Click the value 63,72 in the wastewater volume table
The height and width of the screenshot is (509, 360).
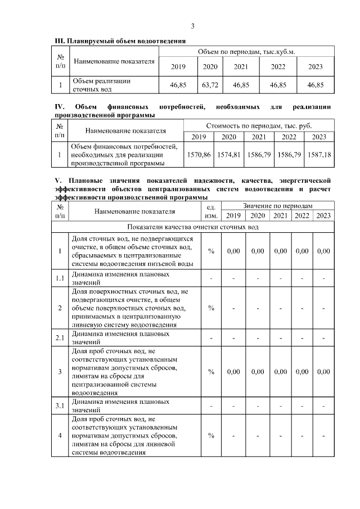tap(210, 85)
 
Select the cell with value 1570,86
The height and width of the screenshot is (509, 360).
tap(199, 154)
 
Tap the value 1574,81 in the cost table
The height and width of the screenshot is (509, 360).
tap(228, 154)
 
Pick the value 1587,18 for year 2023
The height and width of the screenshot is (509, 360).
tap(318, 154)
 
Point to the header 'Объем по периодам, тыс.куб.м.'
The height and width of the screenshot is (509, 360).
tap(246, 52)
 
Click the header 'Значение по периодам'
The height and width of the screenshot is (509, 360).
tap(277, 206)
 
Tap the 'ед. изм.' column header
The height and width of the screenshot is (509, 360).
tap(211, 211)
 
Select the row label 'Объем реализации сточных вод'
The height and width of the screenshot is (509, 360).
tap(101, 85)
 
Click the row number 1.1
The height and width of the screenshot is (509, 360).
tap(60, 278)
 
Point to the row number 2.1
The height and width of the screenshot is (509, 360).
tap(60, 337)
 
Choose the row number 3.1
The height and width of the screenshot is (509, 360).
tap(60, 406)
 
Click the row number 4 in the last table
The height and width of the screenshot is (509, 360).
tap(60, 435)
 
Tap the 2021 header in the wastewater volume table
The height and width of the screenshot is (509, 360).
tap(241, 67)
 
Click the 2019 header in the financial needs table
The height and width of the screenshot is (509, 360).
tap(199, 137)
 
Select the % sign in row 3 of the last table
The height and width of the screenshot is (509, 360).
tap(211, 371)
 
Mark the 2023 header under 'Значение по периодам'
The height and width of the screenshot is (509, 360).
tap(323, 216)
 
